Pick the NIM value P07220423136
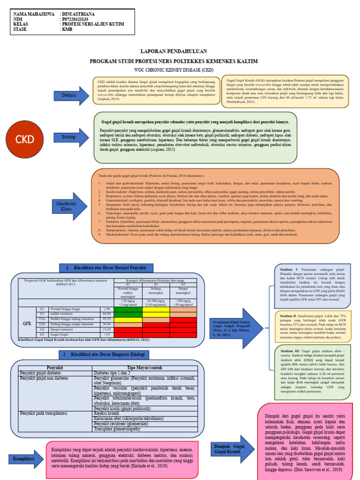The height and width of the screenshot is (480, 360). [x=78, y=20]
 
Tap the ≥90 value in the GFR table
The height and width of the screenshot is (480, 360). [x=107, y=309]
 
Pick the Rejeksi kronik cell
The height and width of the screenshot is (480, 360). [x=108, y=413]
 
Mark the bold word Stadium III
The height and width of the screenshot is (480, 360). [x=289, y=351]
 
